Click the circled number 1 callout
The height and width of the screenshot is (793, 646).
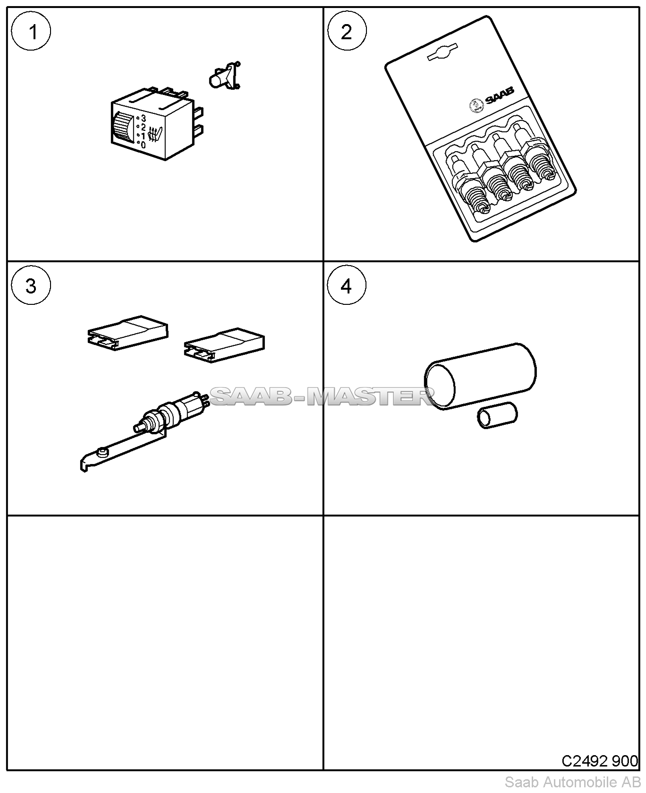[x=31, y=33]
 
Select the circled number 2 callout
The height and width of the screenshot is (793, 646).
[x=347, y=33]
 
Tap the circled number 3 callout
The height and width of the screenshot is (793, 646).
[x=31, y=286]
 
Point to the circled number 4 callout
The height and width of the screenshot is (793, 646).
[x=347, y=286]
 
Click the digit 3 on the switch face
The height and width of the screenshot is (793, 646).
[x=144, y=118]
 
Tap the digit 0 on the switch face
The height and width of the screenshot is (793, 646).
[x=143, y=145]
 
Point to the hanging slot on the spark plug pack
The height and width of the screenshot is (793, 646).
[x=442, y=52]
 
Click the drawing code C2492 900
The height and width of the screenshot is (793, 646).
[x=599, y=761]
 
